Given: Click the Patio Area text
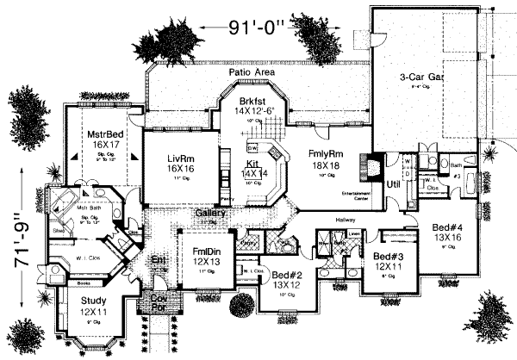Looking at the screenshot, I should pyautogui.click(x=251, y=73).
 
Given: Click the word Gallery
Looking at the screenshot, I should pyautogui.click(x=210, y=212).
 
